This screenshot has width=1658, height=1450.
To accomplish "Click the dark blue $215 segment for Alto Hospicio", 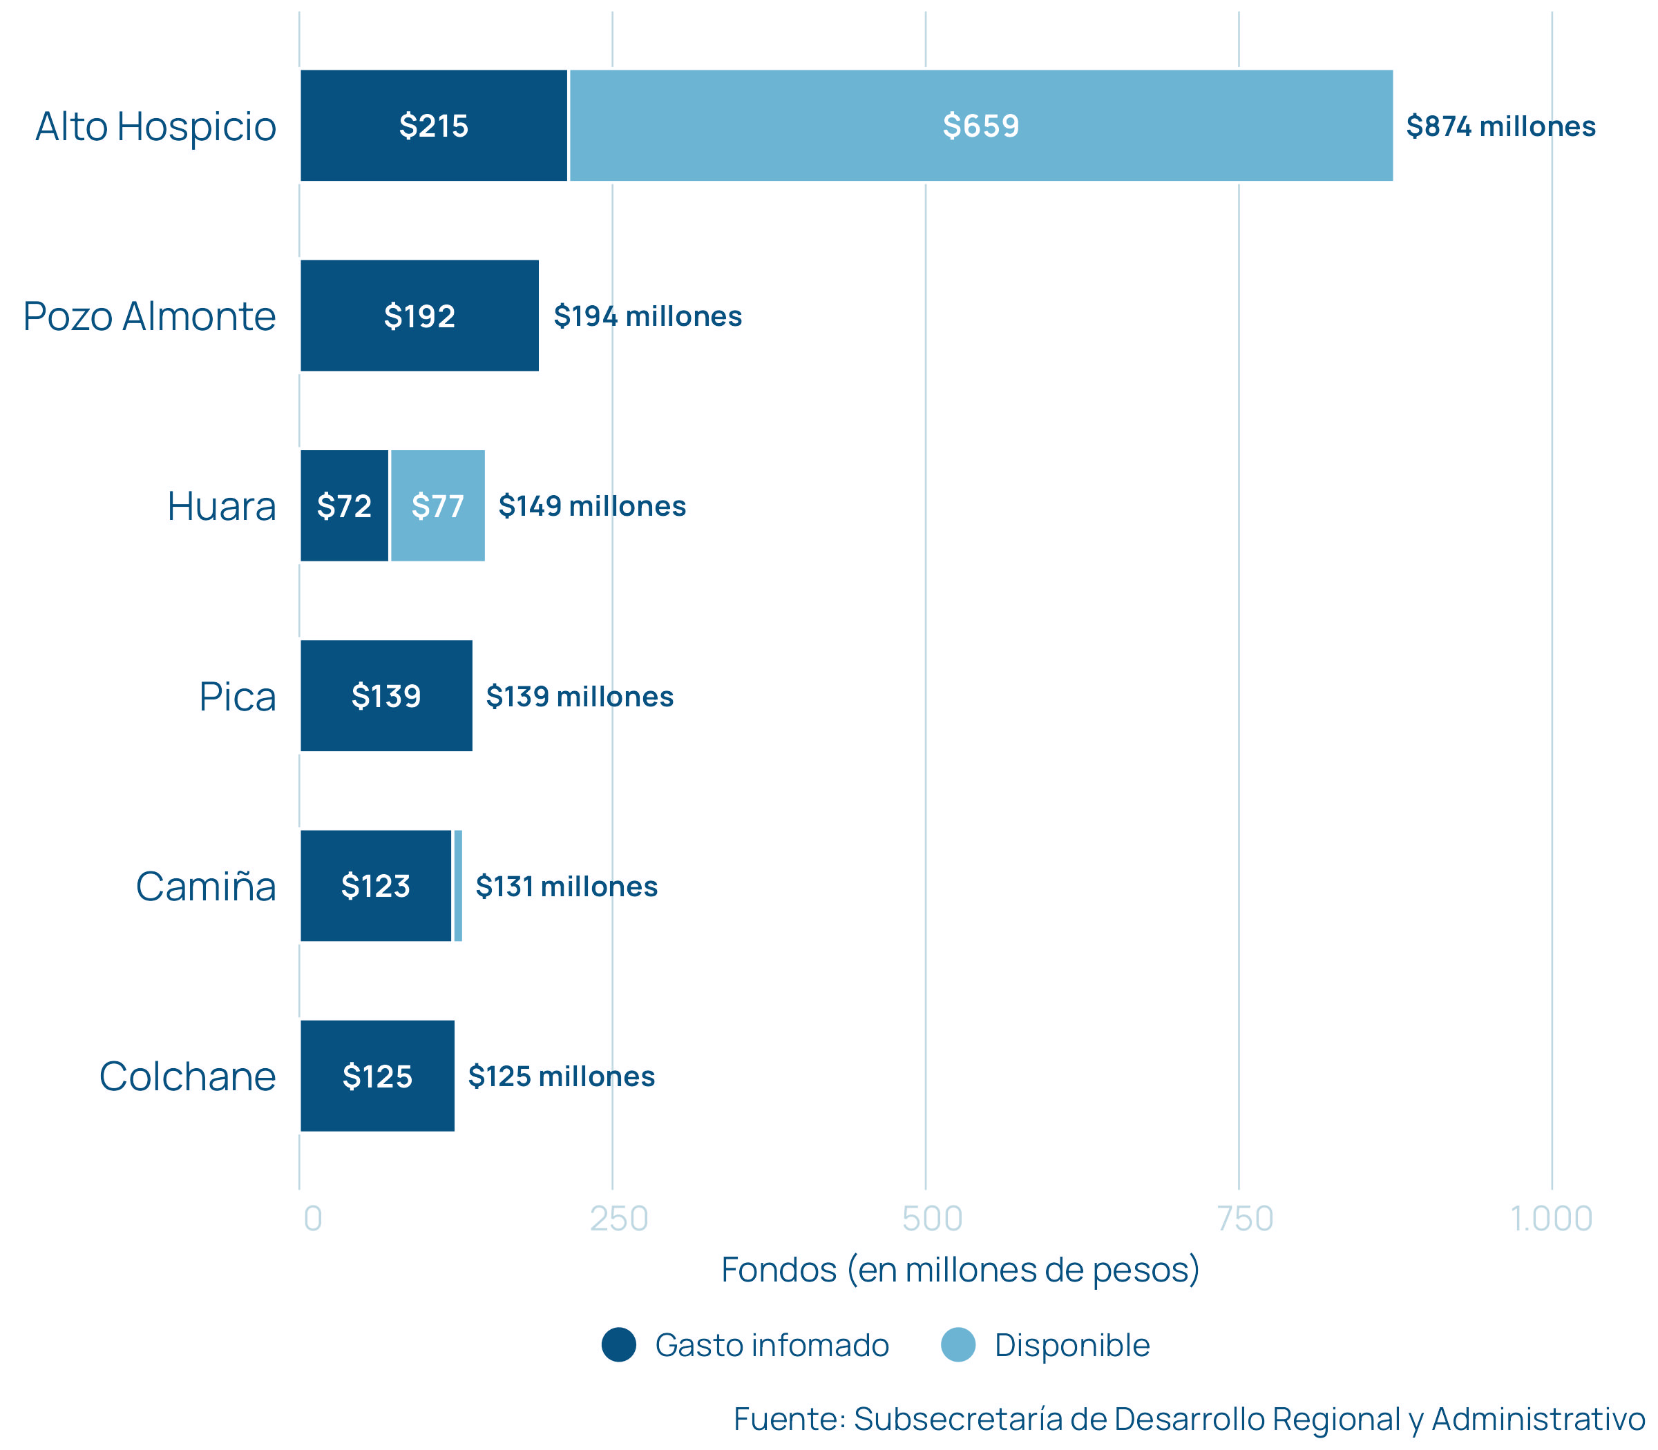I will point(433,126).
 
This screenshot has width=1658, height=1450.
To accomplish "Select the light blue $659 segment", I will point(980,126).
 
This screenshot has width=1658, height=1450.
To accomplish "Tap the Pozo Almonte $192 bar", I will point(419,316).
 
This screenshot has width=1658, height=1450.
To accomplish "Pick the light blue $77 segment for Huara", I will point(437,505).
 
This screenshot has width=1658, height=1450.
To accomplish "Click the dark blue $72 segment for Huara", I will point(344,505).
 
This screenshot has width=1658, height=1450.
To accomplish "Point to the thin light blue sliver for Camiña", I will point(458,886).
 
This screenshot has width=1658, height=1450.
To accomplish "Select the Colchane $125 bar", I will point(377,1076).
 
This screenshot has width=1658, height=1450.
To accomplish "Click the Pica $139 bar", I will point(386,696).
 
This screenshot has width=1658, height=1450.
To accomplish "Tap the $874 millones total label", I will point(1500,126).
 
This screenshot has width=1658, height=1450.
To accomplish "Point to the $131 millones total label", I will point(566,887).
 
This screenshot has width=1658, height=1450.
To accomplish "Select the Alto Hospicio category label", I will point(155,127).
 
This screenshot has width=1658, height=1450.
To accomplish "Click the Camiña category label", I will point(206,887).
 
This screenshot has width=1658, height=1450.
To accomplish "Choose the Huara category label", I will point(221,507).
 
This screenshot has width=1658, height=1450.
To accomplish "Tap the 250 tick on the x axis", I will point(619,1219).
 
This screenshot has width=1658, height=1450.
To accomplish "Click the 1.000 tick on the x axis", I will point(1551,1219).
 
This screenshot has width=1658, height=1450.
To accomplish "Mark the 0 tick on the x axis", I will point(312,1219).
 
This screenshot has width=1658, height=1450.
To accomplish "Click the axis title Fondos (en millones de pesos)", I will point(960,1270).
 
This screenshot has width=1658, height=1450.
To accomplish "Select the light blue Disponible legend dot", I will point(957,1345).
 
